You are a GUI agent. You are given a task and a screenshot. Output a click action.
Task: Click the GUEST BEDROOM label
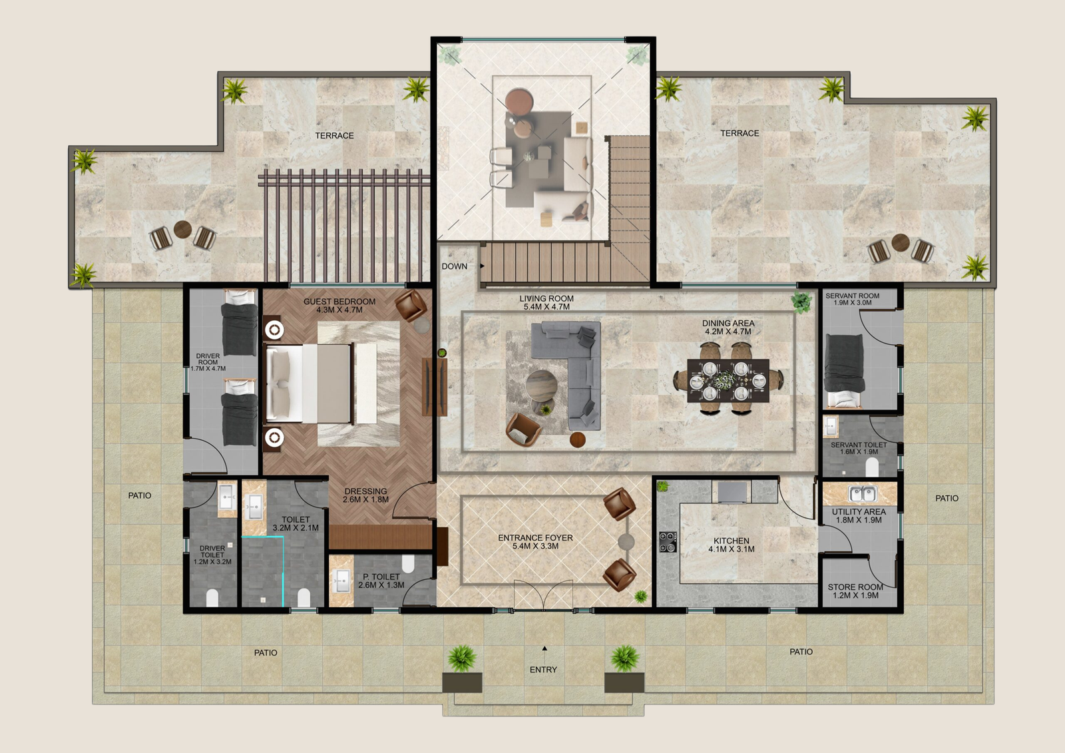tap(339, 302)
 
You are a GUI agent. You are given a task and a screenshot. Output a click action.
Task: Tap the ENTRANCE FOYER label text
tap(535, 537)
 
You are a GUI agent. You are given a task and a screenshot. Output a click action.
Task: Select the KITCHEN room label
tap(732, 541)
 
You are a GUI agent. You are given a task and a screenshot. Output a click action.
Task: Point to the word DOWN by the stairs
tap(455, 266)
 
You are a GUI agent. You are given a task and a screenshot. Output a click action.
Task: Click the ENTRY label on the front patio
tap(543, 670)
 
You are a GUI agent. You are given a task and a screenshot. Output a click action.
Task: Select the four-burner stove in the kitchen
tap(668, 542)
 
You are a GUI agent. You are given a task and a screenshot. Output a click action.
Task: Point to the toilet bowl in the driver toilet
tap(212, 597)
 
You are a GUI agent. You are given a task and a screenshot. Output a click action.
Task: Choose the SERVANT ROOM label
tap(853, 296)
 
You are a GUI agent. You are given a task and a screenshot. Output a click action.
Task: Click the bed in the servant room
tap(845, 371)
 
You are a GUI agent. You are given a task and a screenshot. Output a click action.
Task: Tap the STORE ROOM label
tap(855, 587)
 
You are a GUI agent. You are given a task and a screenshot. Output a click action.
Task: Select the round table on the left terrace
tap(182, 230)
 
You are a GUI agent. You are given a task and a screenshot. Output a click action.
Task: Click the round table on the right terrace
tap(901, 242)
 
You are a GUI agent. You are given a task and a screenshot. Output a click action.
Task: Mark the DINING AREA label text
tap(728, 324)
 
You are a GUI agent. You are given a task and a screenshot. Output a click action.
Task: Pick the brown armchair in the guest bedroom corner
tap(411, 304)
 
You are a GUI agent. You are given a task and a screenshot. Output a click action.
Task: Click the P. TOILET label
tap(381, 577)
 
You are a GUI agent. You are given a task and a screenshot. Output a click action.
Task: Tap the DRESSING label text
tap(365, 491)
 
